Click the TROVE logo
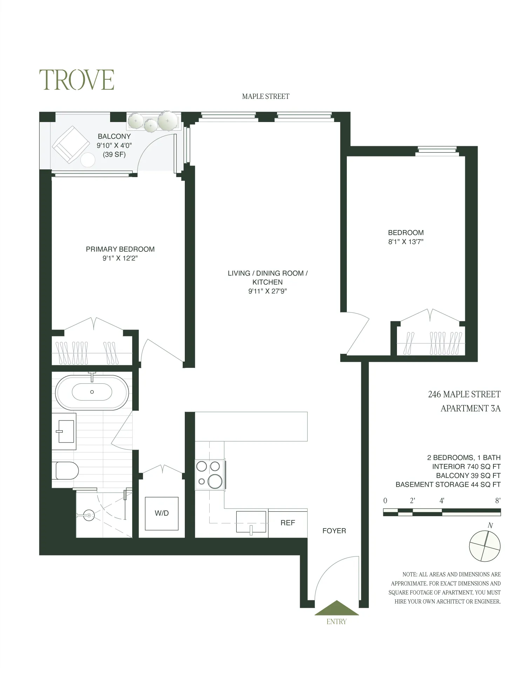76,80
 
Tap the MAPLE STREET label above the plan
265,96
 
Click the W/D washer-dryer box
162,513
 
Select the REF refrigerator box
288,523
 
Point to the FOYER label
334,531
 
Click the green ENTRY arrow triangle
336,608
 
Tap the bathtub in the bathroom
92,392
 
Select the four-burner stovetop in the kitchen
209,474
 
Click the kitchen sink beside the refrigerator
251,522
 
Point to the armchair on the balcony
71,144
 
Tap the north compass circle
485,546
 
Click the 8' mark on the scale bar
497,501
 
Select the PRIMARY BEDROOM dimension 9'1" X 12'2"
120,258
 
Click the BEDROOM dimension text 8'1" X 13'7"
406,242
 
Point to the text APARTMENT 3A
470,409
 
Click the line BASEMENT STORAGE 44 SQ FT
448,485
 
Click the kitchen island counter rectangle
251,426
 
